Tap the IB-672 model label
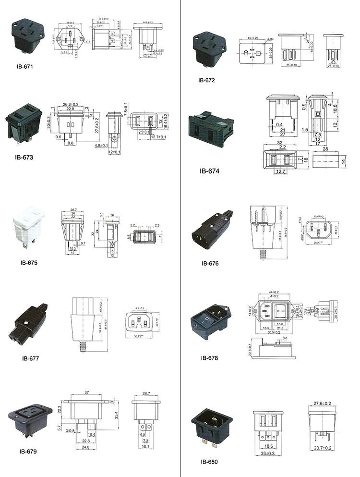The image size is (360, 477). coord(205,80)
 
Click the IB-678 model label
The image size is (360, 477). coord(209,358)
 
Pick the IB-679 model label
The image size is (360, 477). coord(28,451)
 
